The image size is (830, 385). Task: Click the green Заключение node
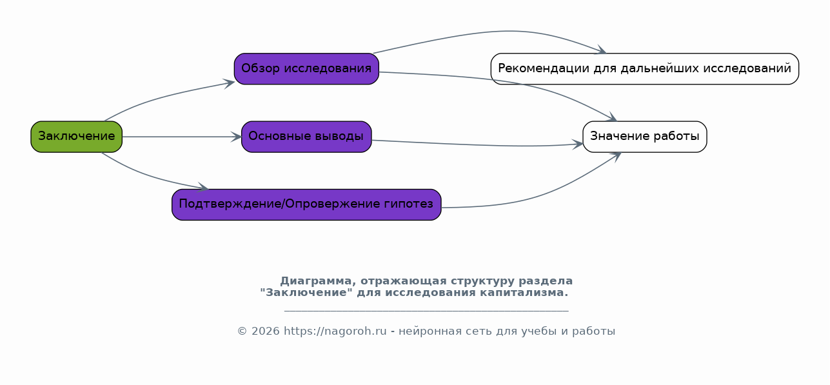[x=76, y=137]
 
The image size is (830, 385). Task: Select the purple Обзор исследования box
[x=306, y=69]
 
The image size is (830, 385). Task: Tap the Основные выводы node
[x=306, y=137]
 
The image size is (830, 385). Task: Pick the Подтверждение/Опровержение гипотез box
[x=306, y=204]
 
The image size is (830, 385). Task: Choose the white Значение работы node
[x=645, y=137]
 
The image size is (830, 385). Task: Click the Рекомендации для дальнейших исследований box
[x=645, y=69]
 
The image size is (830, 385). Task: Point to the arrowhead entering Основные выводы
[x=236, y=137]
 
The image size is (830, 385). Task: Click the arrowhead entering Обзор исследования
[x=229, y=83]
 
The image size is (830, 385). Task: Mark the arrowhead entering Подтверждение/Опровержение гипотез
[x=203, y=187]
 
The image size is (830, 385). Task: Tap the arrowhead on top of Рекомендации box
[x=600, y=50]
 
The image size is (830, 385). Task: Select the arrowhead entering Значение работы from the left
[x=578, y=144]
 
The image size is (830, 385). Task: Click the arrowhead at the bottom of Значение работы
[x=616, y=157]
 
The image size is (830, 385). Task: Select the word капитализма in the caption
[x=524, y=293]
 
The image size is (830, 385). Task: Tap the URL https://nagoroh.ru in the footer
[x=335, y=331]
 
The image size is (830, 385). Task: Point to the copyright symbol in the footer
[x=242, y=331]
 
